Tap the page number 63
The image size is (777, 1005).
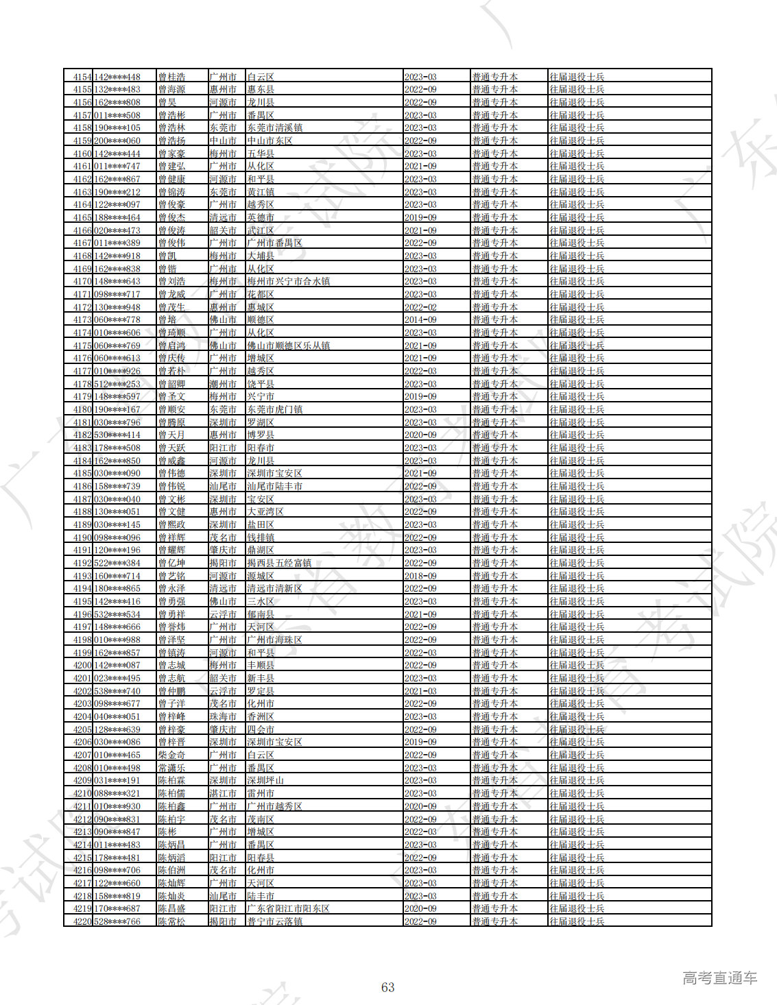coord(387,987)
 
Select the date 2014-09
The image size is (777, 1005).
coord(420,320)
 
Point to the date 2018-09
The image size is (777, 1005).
coord(420,576)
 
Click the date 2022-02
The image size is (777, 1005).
coord(420,307)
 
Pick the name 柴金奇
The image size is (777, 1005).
coord(171,755)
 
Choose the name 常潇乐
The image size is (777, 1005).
coord(171,768)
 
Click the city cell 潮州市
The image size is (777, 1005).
coord(223,384)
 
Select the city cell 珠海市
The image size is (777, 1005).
coord(223,716)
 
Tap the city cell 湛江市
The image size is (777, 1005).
coord(223,793)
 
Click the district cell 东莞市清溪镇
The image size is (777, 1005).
coord(274,128)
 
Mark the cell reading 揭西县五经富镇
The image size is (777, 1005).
coord(279,563)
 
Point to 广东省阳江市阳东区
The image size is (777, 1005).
coord(288,908)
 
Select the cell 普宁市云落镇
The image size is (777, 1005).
coord(274,921)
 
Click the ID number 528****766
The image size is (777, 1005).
coord(117,921)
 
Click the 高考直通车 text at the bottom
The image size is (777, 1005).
coord(719,978)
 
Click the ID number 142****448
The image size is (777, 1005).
coord(117,77)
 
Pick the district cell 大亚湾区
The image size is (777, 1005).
coord(265,512)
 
